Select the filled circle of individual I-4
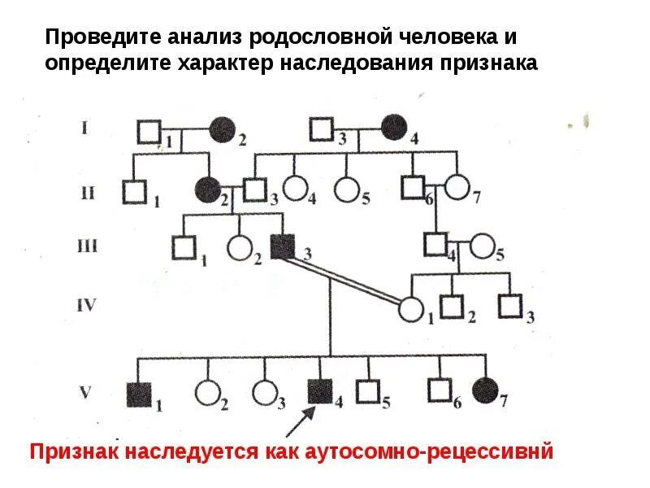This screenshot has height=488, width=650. pos(394,129)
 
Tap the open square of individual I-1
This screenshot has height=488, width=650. pos(149,130)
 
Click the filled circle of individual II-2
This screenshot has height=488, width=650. pos(208,191)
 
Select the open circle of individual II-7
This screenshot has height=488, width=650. pos(457,189)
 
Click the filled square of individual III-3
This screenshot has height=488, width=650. pos(283,246)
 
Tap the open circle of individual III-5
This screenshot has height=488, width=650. pos(482,245)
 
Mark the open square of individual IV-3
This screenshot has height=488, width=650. pos(510,307)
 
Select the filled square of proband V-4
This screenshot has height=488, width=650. pos(319,392)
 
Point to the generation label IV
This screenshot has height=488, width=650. pos(86,306)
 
